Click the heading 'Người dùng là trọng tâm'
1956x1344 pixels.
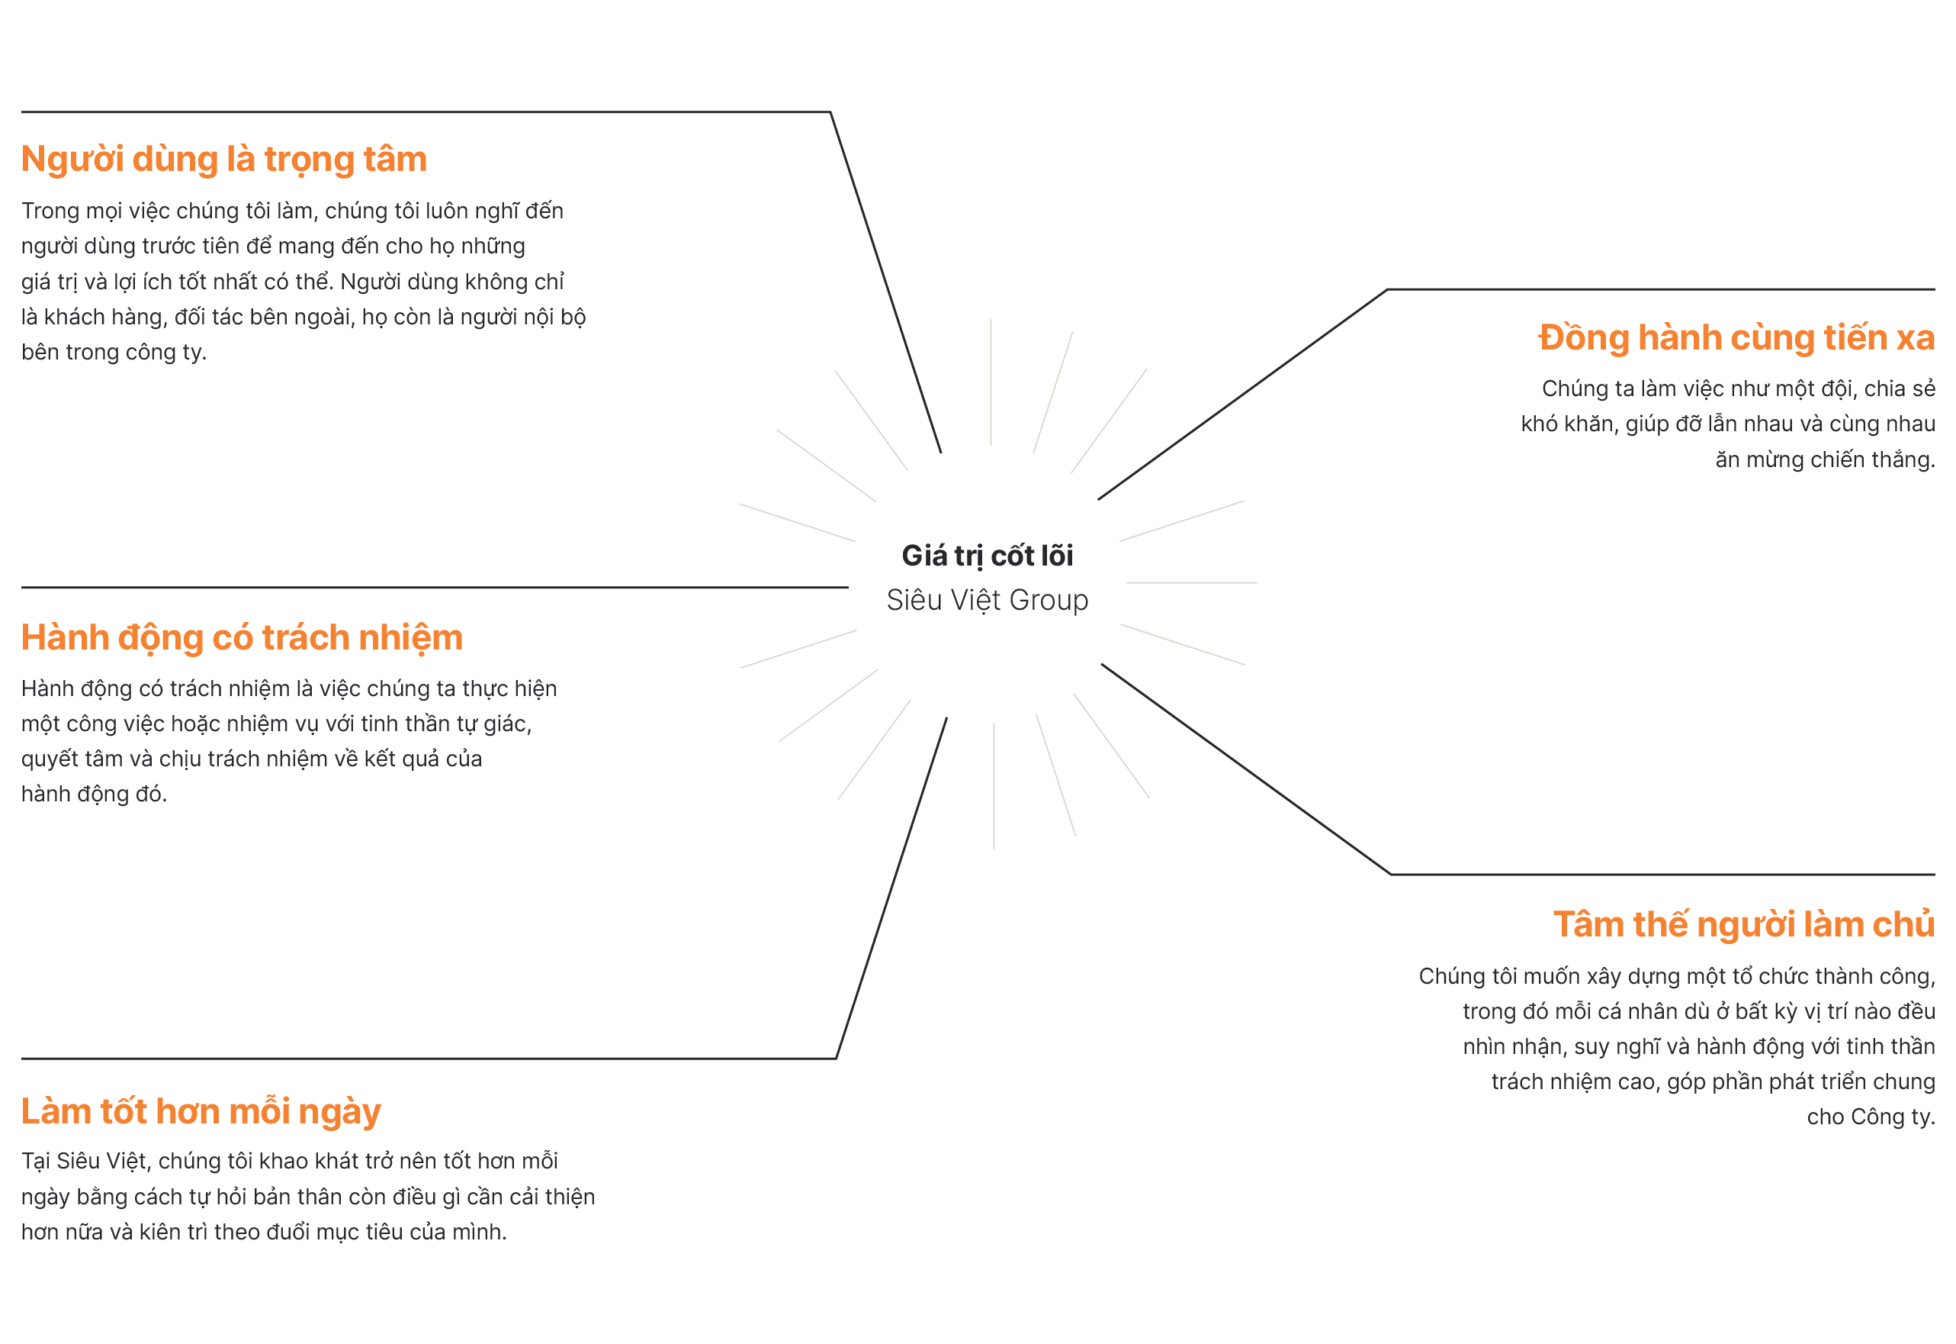tap(224, 160)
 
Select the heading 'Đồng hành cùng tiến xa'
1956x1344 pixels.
tap(1736, 337)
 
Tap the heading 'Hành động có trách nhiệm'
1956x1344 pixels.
tap(242, 637)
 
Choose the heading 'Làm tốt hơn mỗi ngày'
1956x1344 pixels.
tap(201, 1111)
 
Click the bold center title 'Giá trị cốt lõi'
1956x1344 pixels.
tap(987, 556)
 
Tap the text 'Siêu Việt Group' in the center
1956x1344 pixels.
tap(987, 600)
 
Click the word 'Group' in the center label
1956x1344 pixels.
tap(1048, 600)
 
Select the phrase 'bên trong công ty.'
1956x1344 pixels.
tap(114, 352)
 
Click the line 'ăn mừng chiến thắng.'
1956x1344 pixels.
tap(1824, 459)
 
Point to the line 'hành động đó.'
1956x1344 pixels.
tap(95, 794)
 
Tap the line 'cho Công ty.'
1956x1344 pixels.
tap(1870, 1117)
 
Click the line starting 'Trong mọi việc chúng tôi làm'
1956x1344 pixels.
tap(292, 211)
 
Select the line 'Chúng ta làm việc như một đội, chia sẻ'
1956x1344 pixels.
tap(1737, 388)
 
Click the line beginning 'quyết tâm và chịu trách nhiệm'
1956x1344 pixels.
tap(251, 759)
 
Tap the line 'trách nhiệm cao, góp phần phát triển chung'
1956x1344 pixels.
tap(1712, 1081)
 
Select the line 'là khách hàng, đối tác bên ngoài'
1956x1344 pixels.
tap(303, 317)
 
